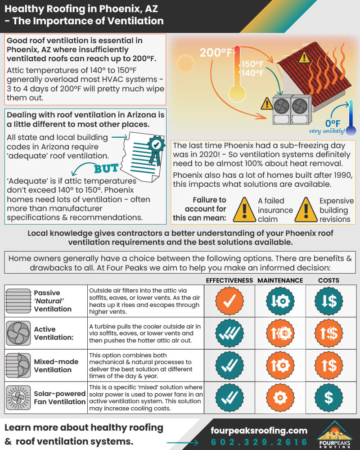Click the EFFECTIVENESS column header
tap(229, 280)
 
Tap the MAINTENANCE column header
tap(280, 280)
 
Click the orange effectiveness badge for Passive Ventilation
tap(229, 301)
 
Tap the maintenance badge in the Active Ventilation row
tap(280, 333)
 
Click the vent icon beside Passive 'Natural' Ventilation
tap(18, 301)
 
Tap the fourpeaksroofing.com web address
tap(259, 430)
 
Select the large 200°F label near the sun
tap(216, 53)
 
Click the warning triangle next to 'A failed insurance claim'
tap(243, 210)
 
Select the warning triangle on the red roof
tap(304, 57)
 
